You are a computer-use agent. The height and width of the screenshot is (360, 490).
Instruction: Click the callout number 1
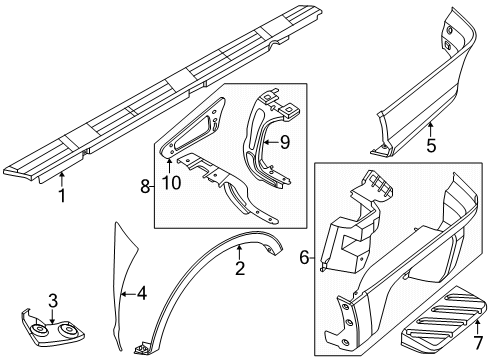61,196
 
